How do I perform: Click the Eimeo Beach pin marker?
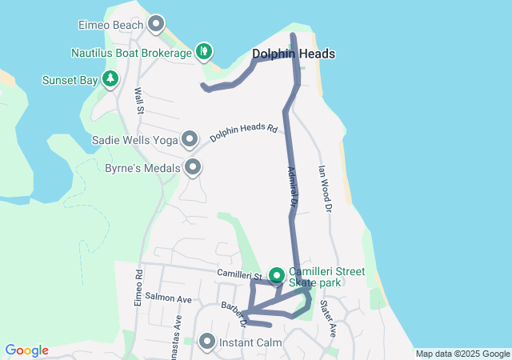156,23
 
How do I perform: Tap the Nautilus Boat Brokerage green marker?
204,52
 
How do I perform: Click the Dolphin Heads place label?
293,54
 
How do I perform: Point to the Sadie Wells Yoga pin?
190,139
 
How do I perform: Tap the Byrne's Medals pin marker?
193,167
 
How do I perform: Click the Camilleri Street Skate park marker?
277,276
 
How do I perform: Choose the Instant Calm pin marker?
207,342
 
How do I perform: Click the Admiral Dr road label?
292,188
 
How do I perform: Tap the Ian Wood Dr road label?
324,188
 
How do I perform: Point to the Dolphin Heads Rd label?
243,133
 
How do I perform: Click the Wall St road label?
138,99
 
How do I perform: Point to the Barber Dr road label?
236,314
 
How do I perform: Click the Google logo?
26,350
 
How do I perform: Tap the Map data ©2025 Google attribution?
462,354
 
